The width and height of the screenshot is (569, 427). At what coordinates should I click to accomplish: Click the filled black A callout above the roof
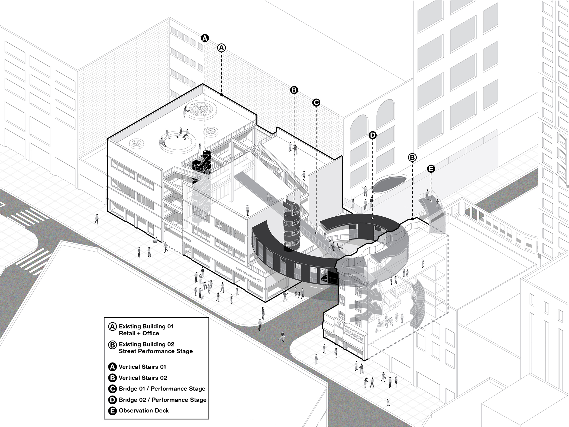click(205, 38)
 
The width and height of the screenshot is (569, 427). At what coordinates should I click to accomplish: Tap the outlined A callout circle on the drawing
click(221, 48)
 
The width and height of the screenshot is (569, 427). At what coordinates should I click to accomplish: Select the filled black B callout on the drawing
click(294, 90)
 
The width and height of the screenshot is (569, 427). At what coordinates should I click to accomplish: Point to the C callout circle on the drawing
click(316, 103)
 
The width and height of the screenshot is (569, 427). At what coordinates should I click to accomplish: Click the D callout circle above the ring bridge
click(373, 135)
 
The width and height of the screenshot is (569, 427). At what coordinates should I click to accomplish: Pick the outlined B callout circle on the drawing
click(412, 158)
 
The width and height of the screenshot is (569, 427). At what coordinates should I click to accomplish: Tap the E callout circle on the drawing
click(431, 169)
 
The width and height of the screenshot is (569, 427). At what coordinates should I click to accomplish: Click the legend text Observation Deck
click(144, 410)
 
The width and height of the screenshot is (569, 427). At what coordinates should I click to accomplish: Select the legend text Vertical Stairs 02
click(143, 378)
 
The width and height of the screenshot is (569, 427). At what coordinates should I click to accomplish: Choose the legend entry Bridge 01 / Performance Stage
click(162, 389)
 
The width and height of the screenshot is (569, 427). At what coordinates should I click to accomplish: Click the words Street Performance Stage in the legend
click(156, 351)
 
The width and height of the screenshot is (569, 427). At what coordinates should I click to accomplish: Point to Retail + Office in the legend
click(139, 333)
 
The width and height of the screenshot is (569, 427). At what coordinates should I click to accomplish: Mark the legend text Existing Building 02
click(146, 344)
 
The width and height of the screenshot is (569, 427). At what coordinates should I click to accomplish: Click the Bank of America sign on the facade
click(246, 274)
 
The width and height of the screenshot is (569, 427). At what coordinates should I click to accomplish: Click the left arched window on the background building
click(359, 129)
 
